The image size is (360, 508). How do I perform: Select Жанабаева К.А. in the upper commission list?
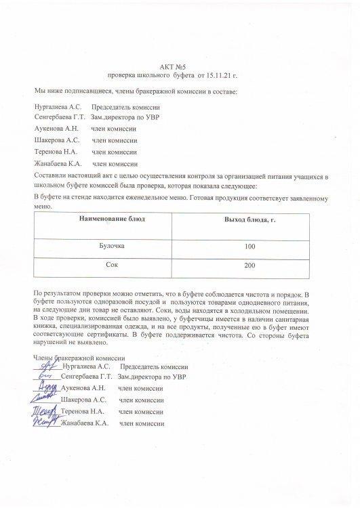(58, 164)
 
